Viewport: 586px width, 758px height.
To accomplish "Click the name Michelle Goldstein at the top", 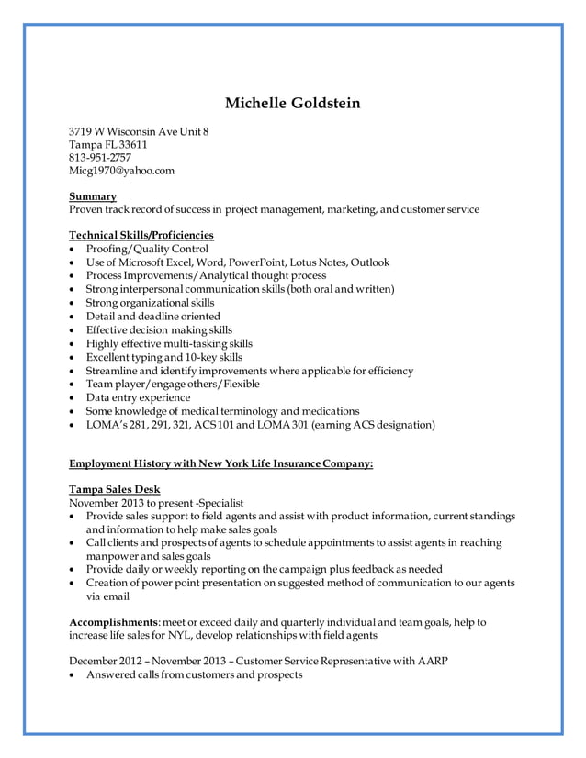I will (x=293, y=103).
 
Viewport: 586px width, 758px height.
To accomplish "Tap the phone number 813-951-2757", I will (x=100, y=157).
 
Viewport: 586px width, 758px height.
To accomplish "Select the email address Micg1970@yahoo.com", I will (x=122, y=170).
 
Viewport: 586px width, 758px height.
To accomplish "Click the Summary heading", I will (x=93, y=196).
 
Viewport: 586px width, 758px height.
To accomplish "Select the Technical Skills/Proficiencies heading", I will (x=141, y=235).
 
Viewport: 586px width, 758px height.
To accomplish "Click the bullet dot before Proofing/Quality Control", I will (x=73, y=250).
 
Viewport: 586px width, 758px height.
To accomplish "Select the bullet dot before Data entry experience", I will (x=73, y=398).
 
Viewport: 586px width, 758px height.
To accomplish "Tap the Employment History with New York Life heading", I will (x=221, y=464).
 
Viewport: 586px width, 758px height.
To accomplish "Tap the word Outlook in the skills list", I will (x=371, y=262).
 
